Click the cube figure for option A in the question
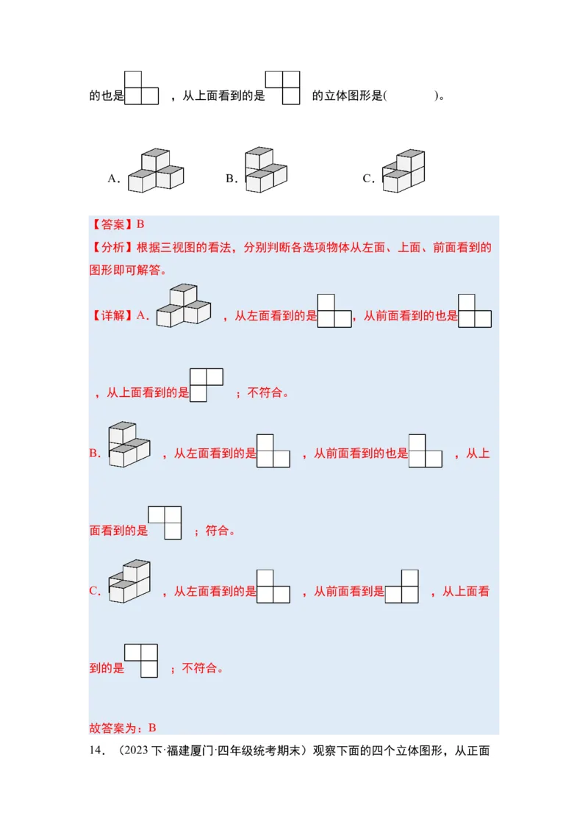[x=155, y=171]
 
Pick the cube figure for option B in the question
[x=265, y=170]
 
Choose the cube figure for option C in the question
[x=404, y=171]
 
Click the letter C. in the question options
[x=369, y=179]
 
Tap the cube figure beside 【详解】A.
[x=184, y=305]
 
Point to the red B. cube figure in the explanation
[x=129, y=445]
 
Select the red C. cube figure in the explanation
[x=129, y=581]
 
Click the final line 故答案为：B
[x=123, y=728]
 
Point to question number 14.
[x=96, y=751]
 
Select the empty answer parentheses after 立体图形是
[x=410, y=96]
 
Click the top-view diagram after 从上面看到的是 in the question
[x=283, y=87]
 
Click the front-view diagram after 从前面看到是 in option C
[x=401, y=587]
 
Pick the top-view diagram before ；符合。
[x=165, y=523]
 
